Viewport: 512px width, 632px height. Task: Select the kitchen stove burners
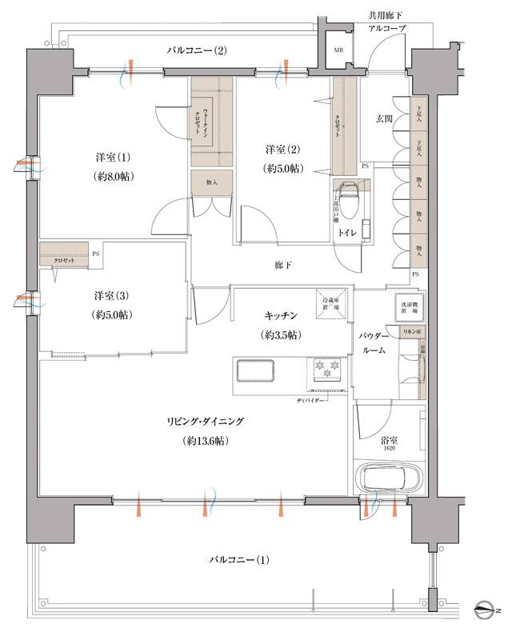[327, 370]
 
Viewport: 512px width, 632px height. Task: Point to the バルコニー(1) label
[239, 559]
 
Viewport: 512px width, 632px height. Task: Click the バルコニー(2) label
[197, 50]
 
